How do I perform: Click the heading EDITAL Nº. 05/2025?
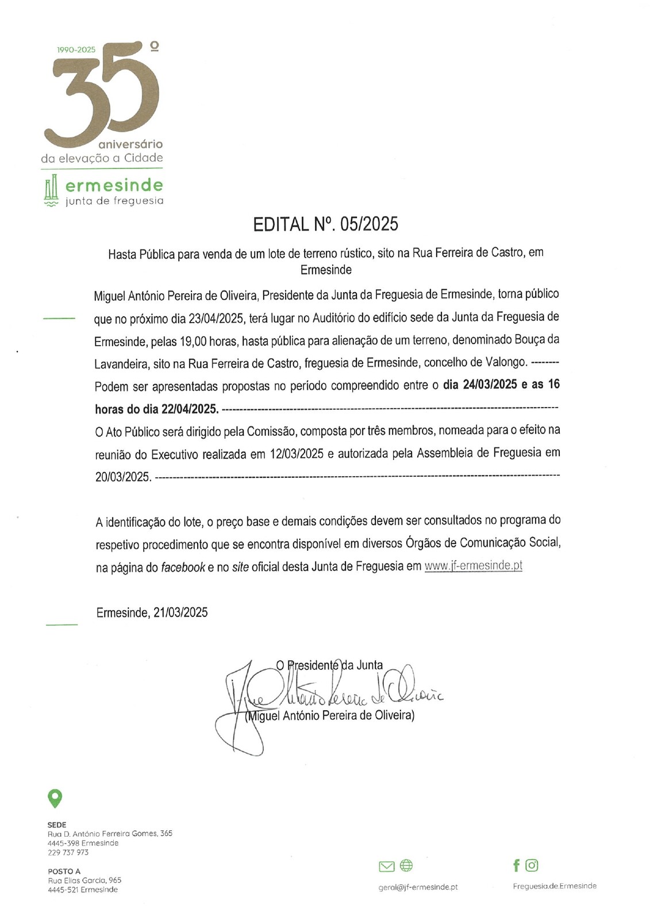tap(325, 224)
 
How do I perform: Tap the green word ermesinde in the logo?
tap(114, 185)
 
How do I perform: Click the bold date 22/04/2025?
tap(189, 409)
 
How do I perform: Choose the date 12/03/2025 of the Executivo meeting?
tap(297, 454)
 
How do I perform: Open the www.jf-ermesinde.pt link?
tap(473, 566)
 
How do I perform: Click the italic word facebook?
tap(183, 568)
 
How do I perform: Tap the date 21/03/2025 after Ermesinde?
tap(180, 612)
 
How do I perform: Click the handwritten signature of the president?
tap(322, 696)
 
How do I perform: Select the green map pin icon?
tap(55, 799)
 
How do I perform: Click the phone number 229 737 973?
tap(68, 853)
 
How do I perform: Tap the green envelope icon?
tap(387, 866)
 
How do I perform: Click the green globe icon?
tap(406, 865)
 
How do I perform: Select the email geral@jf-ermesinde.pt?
tap(418, 887)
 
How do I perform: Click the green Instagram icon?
tap(532, 865)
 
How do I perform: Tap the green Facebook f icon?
tap(516, 865)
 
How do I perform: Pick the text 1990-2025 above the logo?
tap(76, 49)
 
